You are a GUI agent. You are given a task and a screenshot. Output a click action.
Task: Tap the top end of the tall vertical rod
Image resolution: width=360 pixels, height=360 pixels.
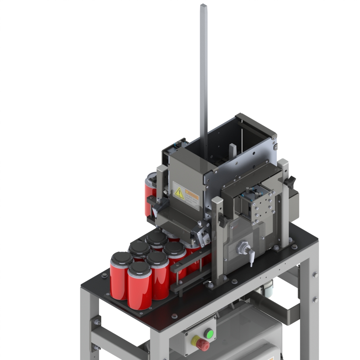tap(204, 6)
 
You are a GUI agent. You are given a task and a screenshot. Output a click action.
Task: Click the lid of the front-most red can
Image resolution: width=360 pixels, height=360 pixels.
tap(140, 268)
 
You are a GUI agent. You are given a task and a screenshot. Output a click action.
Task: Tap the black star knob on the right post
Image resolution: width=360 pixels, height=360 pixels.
tap(291, 181)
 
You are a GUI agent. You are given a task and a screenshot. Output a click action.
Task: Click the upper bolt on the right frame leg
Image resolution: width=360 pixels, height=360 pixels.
tap(315, 275)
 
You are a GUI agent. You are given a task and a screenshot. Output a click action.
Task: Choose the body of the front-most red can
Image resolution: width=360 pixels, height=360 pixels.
tap(140, 292)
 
